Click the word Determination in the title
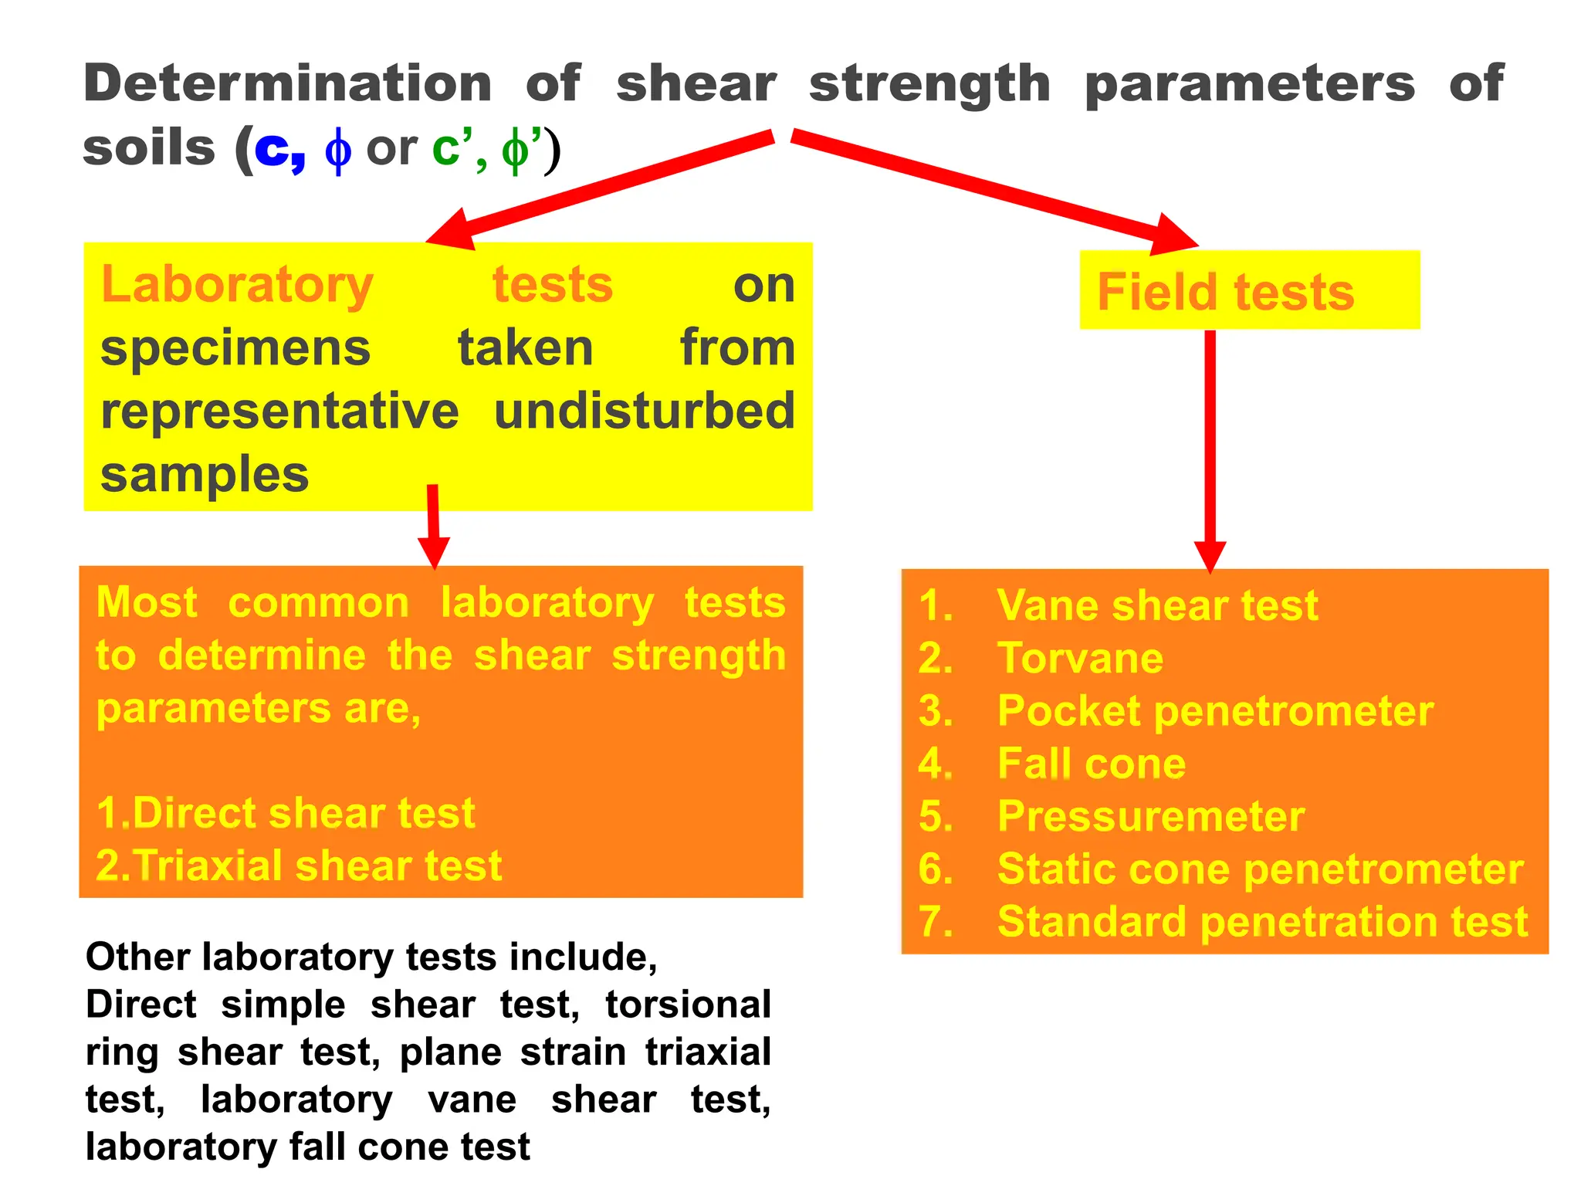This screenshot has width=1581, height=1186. point(287,83)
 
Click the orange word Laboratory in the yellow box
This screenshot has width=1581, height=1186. point(237,285)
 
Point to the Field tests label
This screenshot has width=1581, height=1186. point(1225,292)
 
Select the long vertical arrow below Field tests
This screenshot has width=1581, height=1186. point(1210,448)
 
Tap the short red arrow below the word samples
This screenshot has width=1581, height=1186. point(434,525)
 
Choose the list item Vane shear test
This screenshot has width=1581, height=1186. point(1156,605)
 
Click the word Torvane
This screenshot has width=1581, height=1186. point(1080,658)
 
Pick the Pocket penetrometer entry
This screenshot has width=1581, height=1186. point(1214,710)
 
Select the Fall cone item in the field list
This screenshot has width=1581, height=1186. point(1091,764)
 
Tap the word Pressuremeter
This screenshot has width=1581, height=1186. point(1150,816)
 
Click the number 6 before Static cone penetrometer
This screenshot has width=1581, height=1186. point(934,869)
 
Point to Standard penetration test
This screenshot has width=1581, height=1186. point(1262,922)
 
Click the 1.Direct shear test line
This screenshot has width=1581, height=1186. point(286,813)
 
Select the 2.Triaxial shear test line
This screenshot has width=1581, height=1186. point(299,866)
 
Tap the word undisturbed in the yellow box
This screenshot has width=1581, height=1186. point(644,411)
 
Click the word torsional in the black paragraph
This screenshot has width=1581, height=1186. point(688,1005)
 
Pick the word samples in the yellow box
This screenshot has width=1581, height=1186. point(205,474)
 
